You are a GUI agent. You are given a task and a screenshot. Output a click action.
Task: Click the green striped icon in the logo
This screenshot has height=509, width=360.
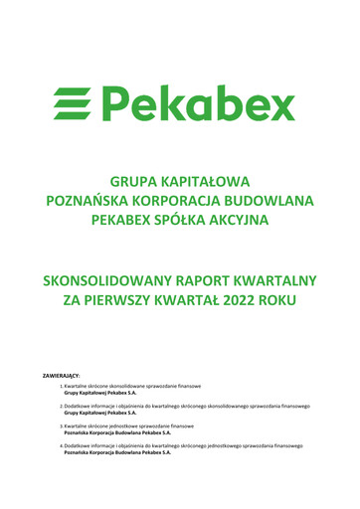[x=77, y=102]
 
